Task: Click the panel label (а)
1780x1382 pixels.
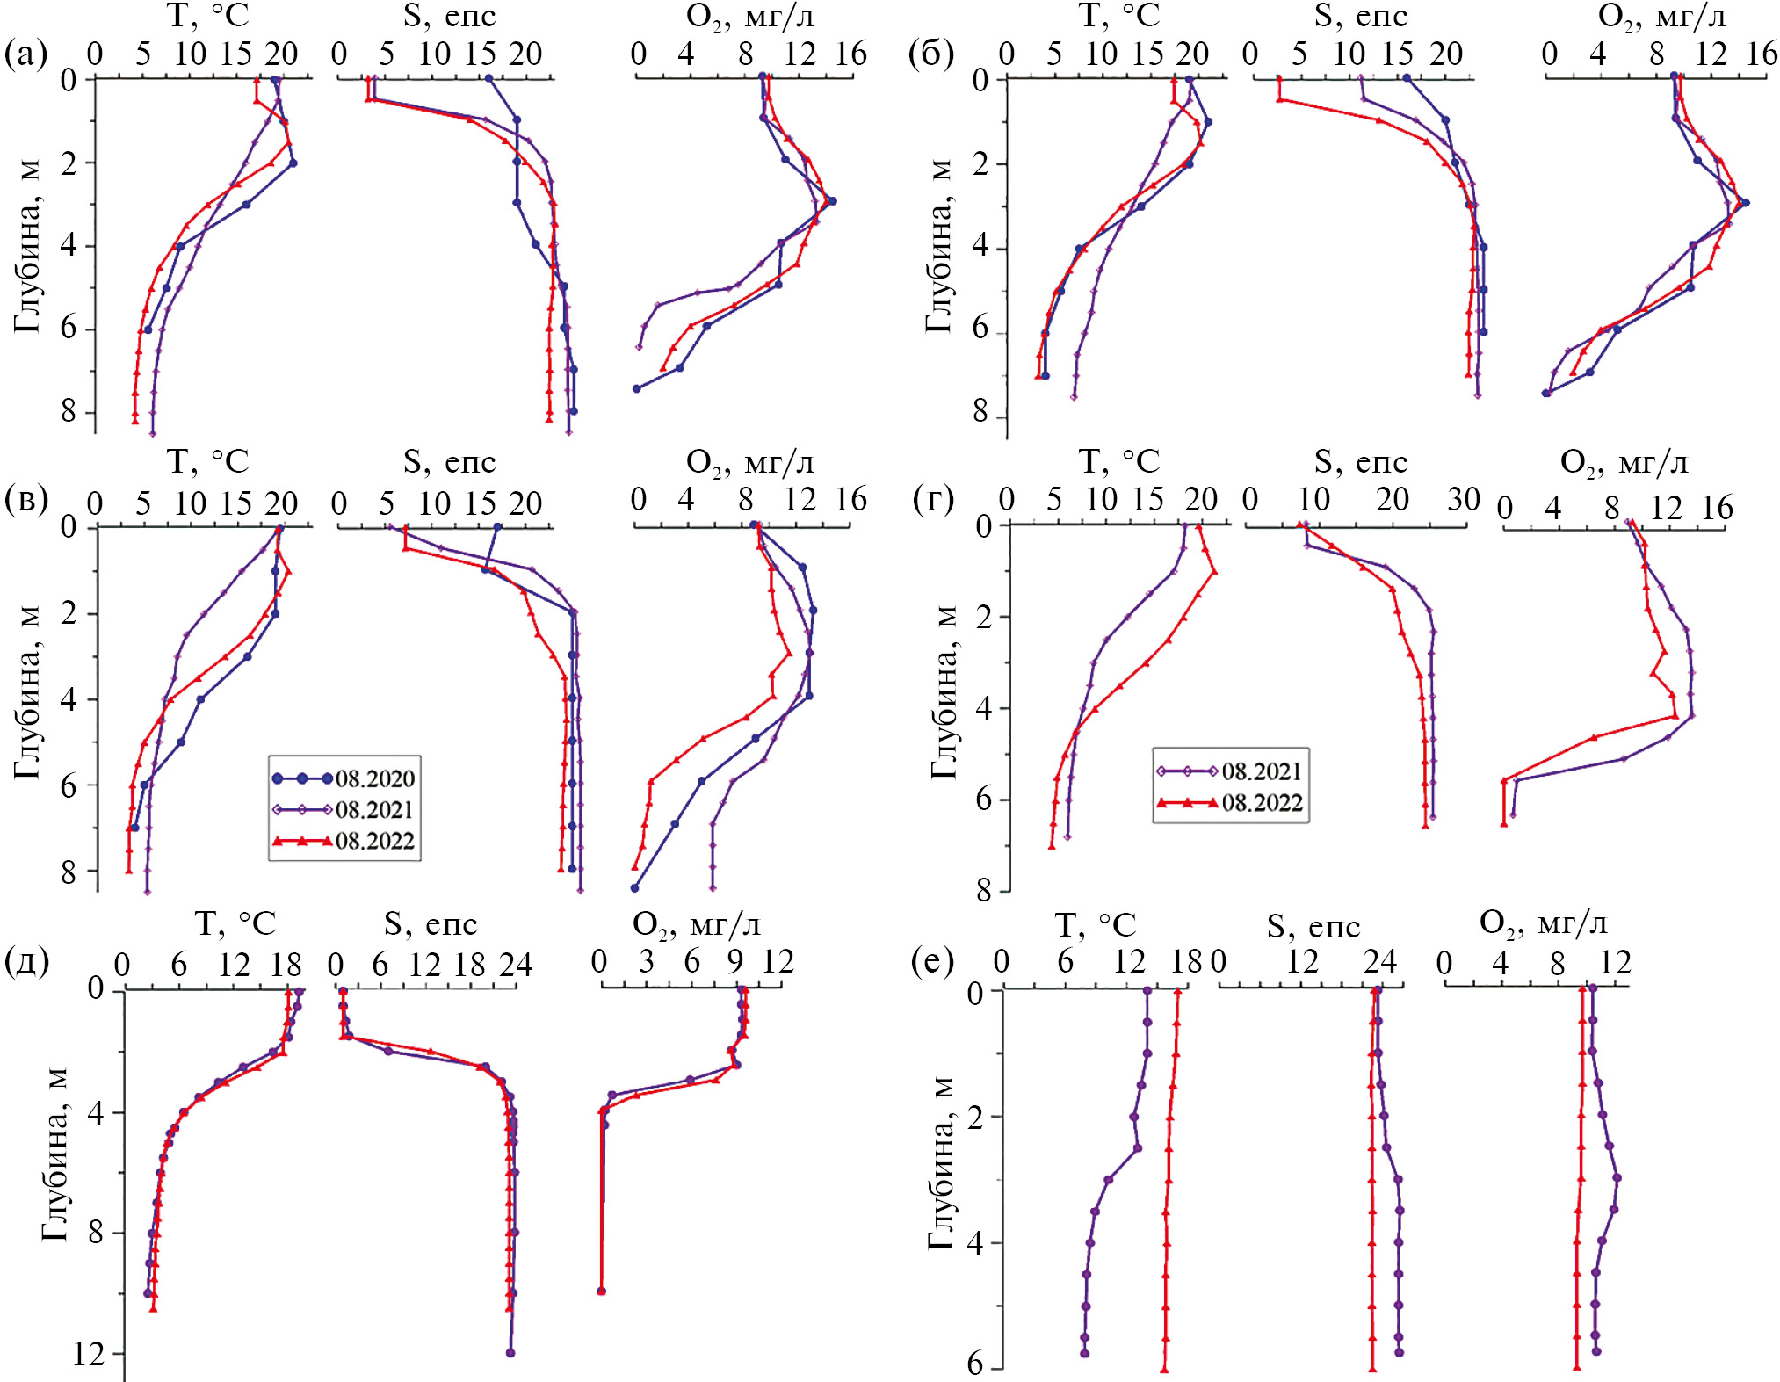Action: click(25, 54)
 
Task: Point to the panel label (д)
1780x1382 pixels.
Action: click(27, 962)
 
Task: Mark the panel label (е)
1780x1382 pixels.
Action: click(932, 962)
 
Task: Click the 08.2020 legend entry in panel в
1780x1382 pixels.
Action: click(343, 778)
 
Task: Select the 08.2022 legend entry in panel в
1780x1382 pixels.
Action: click(343, 841)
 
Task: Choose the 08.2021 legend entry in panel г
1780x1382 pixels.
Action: click(1230, 771)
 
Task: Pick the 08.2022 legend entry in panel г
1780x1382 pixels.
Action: click(1230, 803)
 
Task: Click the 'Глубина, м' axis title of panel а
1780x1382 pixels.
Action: click(27, 246)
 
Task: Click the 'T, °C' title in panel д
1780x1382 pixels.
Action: click(235, 923)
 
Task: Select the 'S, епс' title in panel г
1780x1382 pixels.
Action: click(1360, 461)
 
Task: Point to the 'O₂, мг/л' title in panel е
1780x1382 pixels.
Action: click(1543, 923)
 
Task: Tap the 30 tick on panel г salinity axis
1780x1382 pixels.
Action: click(1464, 499)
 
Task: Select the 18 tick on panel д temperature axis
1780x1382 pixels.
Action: click(286, 965)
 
